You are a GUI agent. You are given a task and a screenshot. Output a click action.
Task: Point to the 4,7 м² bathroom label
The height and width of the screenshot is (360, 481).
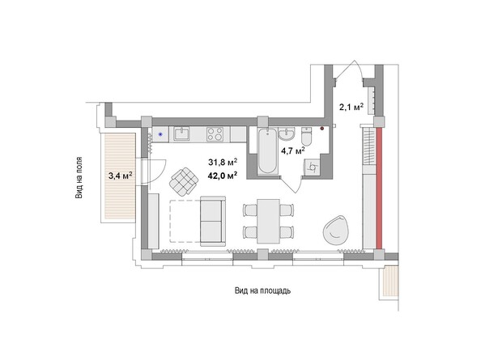[292, 150]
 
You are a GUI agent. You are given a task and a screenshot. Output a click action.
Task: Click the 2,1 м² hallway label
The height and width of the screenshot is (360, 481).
[351, 106]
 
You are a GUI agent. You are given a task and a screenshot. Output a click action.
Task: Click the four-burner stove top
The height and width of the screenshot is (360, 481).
[216, 134]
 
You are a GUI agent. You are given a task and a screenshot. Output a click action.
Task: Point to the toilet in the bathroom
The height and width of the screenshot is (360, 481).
[306, 134]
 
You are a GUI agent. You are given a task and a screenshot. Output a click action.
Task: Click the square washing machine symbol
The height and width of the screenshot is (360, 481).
[311, 166]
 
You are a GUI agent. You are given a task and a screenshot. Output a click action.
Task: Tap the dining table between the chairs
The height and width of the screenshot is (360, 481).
[266, 219]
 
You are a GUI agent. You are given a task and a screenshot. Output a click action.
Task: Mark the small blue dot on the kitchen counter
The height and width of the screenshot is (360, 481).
[160, 133]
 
